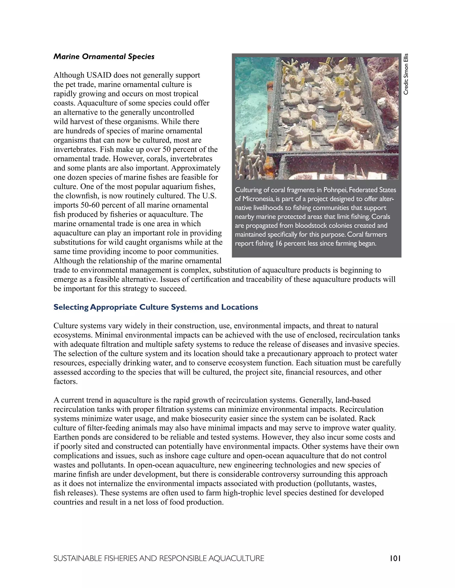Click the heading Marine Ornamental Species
click(104, 57)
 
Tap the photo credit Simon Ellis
click(406, 74)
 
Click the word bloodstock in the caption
click(310, 226)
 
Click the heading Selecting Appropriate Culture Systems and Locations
click(156, 307)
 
